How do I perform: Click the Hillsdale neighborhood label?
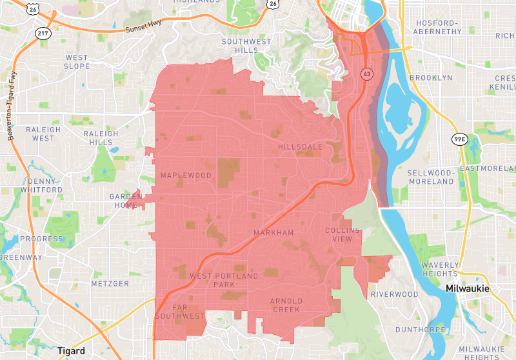tap(300, 147)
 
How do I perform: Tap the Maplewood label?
tap(186, 175)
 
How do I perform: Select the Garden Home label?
tap(125, 201)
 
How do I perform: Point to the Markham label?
tap(273, 232)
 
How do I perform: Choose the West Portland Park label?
tap(223, 280)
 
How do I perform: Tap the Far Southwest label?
tap(179, 312)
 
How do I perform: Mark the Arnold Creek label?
tap(285, 305)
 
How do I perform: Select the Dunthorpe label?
tap(421, 329)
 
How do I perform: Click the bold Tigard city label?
tap(71, 351)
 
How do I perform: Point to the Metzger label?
tap(110, 283)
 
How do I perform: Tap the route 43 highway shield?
tap(366, 74)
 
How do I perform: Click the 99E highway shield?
tap(459, 139)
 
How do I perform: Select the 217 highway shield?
tap(43, 32)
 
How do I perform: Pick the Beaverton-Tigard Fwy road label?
tap(13, 107)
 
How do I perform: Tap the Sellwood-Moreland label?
tap(431, 177)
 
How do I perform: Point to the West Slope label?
tap(77, 62)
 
